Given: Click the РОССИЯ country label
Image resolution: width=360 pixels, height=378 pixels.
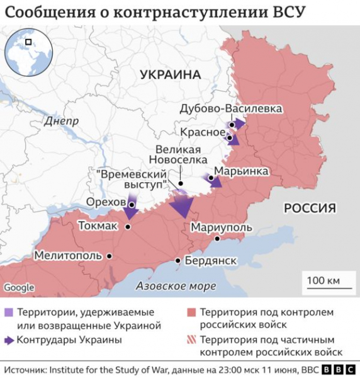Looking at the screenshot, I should [x=310, y=208].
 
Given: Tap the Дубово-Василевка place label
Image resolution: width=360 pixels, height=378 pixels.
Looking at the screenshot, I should [x=230, y=108].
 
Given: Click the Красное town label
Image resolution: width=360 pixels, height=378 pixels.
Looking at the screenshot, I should [x=202, y=132].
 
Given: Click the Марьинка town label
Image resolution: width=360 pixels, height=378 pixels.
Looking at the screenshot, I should [x=241, y=171].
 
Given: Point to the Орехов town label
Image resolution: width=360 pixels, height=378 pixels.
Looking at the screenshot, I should [x=105, y=201].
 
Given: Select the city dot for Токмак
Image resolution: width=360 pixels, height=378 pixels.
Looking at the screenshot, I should [x=128, y=225].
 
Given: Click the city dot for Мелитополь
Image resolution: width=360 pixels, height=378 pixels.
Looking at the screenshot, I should [x=110, y=256].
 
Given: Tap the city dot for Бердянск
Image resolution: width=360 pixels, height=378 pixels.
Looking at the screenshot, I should [x=179, y=260].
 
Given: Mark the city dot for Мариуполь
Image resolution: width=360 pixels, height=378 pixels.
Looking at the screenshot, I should [x=217, y=239].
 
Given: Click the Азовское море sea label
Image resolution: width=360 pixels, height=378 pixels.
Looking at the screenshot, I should [x=176, y=286].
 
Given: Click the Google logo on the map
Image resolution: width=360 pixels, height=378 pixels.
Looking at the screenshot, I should [x=19, y=288].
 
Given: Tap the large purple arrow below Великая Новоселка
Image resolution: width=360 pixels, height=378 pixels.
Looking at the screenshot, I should [x=183, y=205].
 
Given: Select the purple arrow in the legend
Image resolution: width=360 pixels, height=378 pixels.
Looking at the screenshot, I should [x=9, y=340].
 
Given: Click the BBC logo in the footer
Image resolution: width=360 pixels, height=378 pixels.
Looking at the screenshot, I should [x=339, y=370].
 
